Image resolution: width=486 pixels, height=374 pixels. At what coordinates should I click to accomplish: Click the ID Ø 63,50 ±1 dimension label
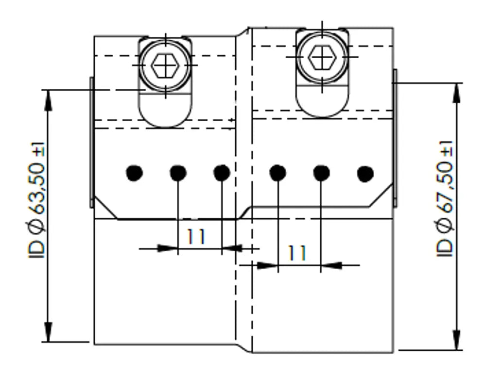36,200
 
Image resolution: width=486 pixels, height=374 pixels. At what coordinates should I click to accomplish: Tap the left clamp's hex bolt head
165,65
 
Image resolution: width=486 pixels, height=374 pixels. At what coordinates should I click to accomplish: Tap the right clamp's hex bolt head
322,57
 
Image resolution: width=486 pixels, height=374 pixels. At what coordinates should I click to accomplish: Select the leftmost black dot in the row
135,173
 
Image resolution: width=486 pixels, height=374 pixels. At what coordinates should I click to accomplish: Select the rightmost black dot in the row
365,174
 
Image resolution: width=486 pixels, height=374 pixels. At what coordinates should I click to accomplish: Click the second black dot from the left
178,173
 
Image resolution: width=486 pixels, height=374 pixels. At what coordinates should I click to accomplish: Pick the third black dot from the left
222,173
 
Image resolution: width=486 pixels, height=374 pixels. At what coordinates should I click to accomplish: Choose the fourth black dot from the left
278,173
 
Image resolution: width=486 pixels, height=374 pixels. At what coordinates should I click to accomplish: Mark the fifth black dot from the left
321,173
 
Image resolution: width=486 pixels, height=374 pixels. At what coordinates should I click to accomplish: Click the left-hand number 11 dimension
195,237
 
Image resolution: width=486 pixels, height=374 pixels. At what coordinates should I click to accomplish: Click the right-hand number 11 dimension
297,253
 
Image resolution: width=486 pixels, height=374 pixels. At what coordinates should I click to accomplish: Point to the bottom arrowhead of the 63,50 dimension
48,332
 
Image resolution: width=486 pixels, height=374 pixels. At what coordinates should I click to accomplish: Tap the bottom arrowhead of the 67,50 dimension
456,340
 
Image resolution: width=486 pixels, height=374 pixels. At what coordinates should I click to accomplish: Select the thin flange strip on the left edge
92,142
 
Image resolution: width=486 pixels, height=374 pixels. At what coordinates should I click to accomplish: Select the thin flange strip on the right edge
395,138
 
